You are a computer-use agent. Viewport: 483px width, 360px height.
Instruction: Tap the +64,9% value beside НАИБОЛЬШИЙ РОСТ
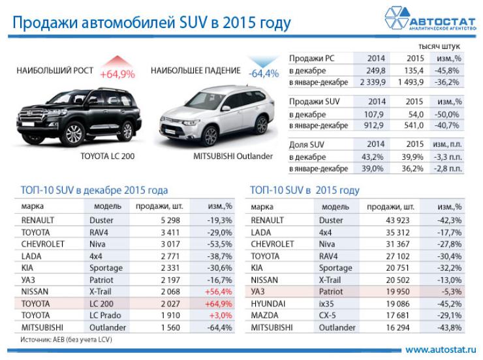[x=117, y=74]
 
